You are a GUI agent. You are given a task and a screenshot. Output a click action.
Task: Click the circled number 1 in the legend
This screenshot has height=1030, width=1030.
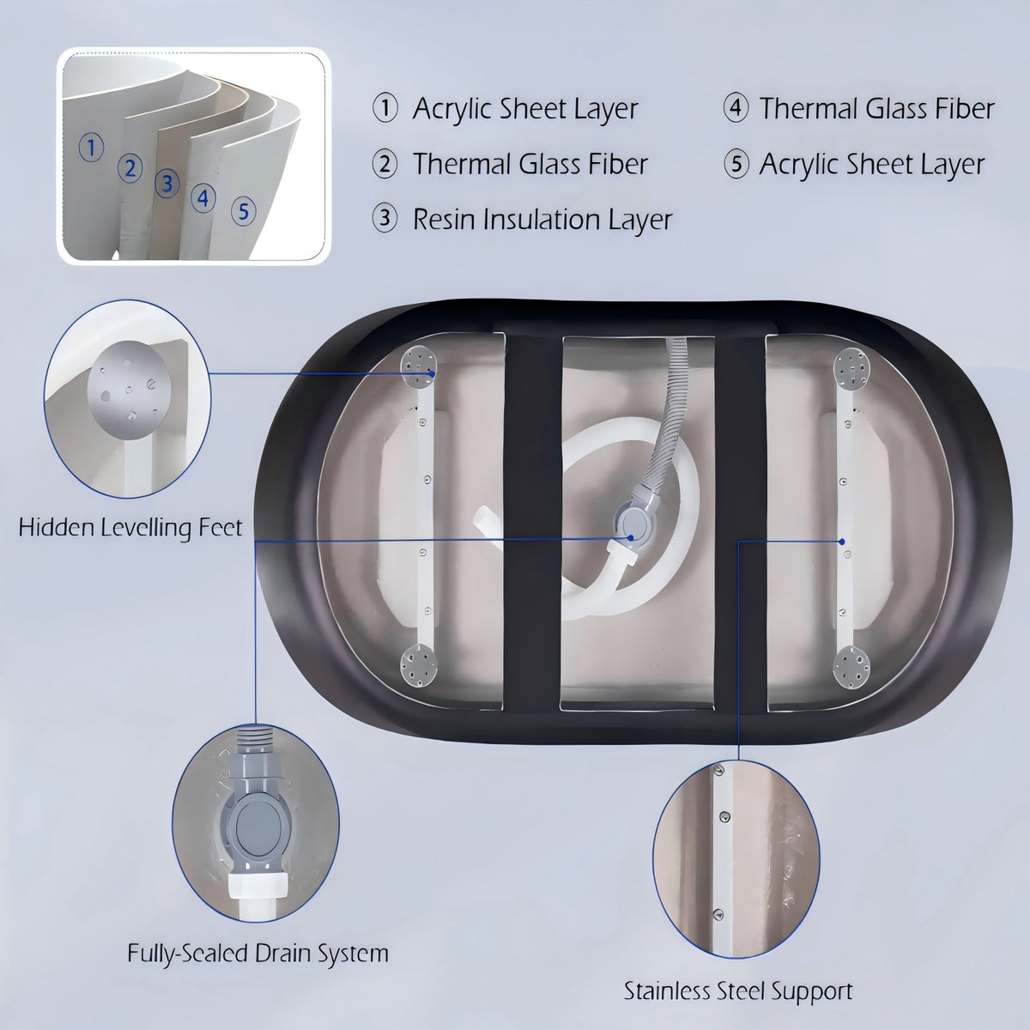pos(385,108)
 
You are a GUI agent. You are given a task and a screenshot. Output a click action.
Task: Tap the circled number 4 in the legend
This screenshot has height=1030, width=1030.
pos(736,107)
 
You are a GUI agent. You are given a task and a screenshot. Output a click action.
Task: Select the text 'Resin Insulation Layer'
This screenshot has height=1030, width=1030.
pos(542,220)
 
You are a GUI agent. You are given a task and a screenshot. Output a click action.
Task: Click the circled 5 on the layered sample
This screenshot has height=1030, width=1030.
pos(243,211)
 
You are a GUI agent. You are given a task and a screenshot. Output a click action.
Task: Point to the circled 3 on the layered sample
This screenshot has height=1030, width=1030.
pos(167,184)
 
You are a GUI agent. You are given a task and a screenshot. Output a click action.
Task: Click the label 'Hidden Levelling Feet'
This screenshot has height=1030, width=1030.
pos(130,528)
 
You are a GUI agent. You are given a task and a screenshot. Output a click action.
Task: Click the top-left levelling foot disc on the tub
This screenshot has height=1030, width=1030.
pos(419,367)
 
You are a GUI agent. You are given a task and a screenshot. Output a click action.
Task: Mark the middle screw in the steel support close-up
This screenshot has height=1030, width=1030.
pos(724,832)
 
